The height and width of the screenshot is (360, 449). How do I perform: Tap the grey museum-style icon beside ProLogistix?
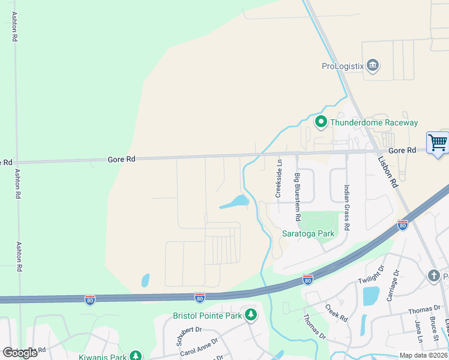[372, 65]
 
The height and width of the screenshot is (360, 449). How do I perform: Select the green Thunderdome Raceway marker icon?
[321, 122]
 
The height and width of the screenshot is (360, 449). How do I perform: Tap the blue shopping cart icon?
[438, 143]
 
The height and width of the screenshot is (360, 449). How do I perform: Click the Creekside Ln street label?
[279, 178]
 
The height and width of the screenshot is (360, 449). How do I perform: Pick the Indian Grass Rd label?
[346, 208]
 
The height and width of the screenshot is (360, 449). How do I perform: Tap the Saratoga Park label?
[308, 233]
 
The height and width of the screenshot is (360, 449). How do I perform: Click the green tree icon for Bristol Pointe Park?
[251, 315]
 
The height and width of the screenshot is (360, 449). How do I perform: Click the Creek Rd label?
[337, 312]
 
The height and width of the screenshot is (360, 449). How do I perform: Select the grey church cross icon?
[433, 275]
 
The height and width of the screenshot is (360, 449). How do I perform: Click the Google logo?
[20, 352]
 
